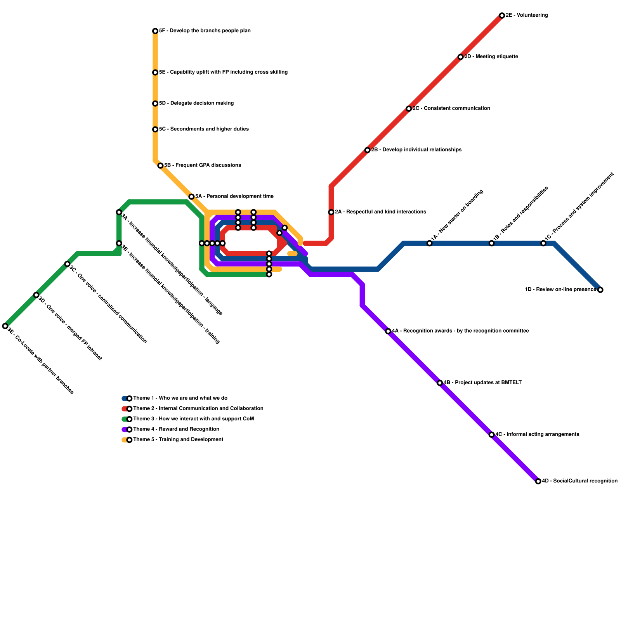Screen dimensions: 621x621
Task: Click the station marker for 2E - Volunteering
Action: click(x=502, y=16)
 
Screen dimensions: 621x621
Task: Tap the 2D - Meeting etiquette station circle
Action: click(x=460, y=57)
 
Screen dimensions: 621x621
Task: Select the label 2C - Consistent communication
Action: click(x=451, y=108)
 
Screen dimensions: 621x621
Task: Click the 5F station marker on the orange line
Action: click(x=155, y=31)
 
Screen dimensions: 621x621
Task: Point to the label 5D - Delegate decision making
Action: click(x=196, y=103)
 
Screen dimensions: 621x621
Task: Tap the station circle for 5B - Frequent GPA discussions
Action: click(x=160, y=166)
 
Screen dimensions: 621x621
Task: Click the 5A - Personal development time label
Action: click(x=234, y=196)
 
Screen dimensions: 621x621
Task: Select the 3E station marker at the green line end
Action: click(x=5, y=326)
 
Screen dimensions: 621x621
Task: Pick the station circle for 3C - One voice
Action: click(x=67, y=264)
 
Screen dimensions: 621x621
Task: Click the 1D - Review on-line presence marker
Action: click(x=600, y=290)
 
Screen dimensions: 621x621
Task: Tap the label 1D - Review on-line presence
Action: click(x=560, y=290)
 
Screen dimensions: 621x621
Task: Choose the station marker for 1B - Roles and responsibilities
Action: click(x=491, y=243)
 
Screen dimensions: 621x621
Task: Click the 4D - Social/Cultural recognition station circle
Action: click(x=538, y=481)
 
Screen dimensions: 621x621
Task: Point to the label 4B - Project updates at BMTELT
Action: click(x=482, y=383)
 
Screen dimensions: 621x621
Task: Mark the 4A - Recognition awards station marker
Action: click(x=388, y=331)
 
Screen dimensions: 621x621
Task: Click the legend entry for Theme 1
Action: click(x=180, y=398)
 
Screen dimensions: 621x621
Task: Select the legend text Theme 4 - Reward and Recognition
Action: click(x=176, y=429)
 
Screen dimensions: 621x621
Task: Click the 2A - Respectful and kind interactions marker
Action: click(x=331, y=212)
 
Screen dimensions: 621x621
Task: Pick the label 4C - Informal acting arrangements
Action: click(x=537, y=434)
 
